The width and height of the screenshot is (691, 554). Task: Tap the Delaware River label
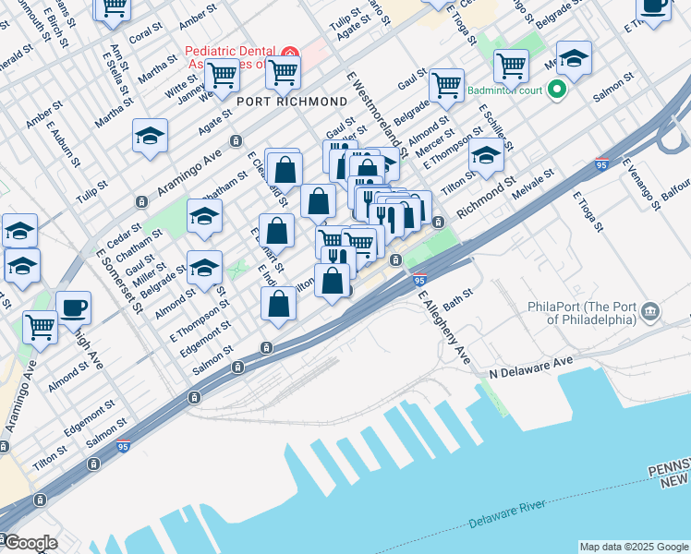[508, 513]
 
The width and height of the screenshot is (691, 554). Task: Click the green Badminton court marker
[556, 90]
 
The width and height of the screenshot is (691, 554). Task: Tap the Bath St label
[457, 298]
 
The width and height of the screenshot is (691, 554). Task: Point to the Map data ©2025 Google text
[634, 547]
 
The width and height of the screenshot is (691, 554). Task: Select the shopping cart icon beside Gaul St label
[446, 85]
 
